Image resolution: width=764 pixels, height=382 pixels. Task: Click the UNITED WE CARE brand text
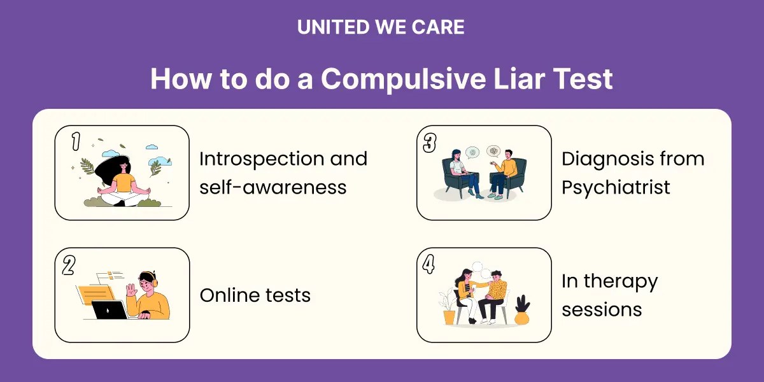pos(381,27)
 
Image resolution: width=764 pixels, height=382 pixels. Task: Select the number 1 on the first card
pos(75,142)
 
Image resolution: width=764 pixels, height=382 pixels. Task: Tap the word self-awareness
pos(272,187)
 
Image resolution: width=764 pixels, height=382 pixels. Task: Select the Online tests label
pos(255,295)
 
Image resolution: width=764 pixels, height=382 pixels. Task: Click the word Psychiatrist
pos(616,187)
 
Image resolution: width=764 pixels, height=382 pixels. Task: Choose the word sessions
pos(602,309)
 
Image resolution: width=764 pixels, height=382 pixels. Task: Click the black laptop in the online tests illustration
pos(110,310)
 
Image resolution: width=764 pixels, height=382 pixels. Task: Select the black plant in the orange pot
pos(523,304)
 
